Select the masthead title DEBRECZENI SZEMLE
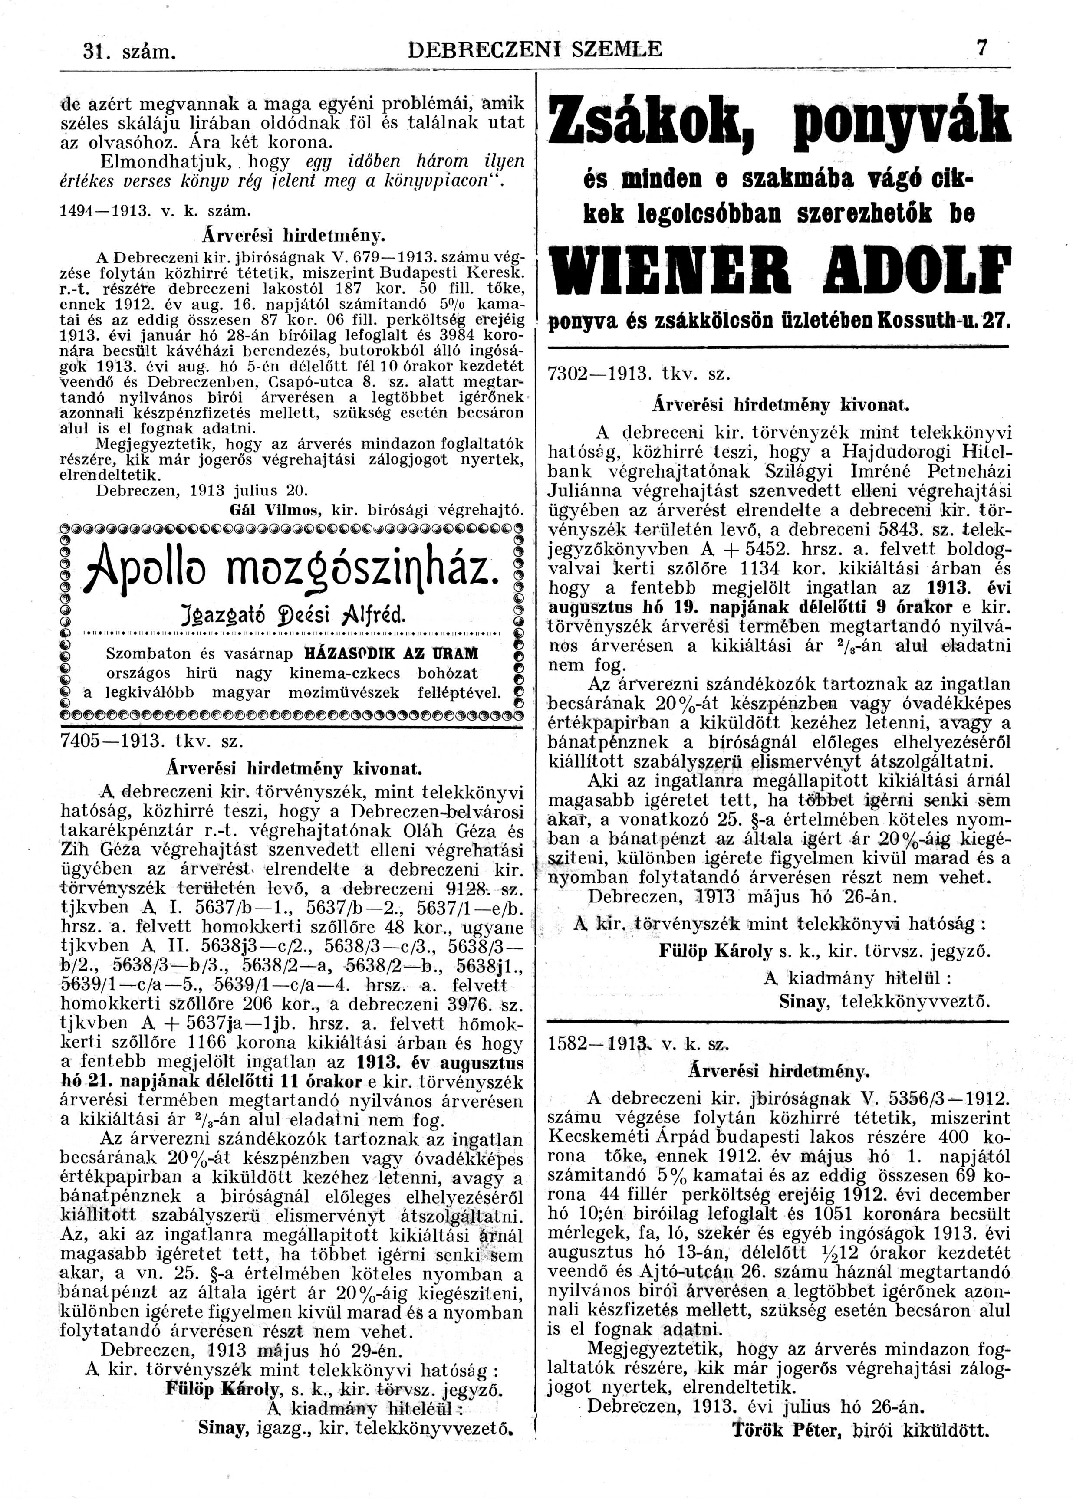coord(535,49)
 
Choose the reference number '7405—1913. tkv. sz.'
coord(152,741)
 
